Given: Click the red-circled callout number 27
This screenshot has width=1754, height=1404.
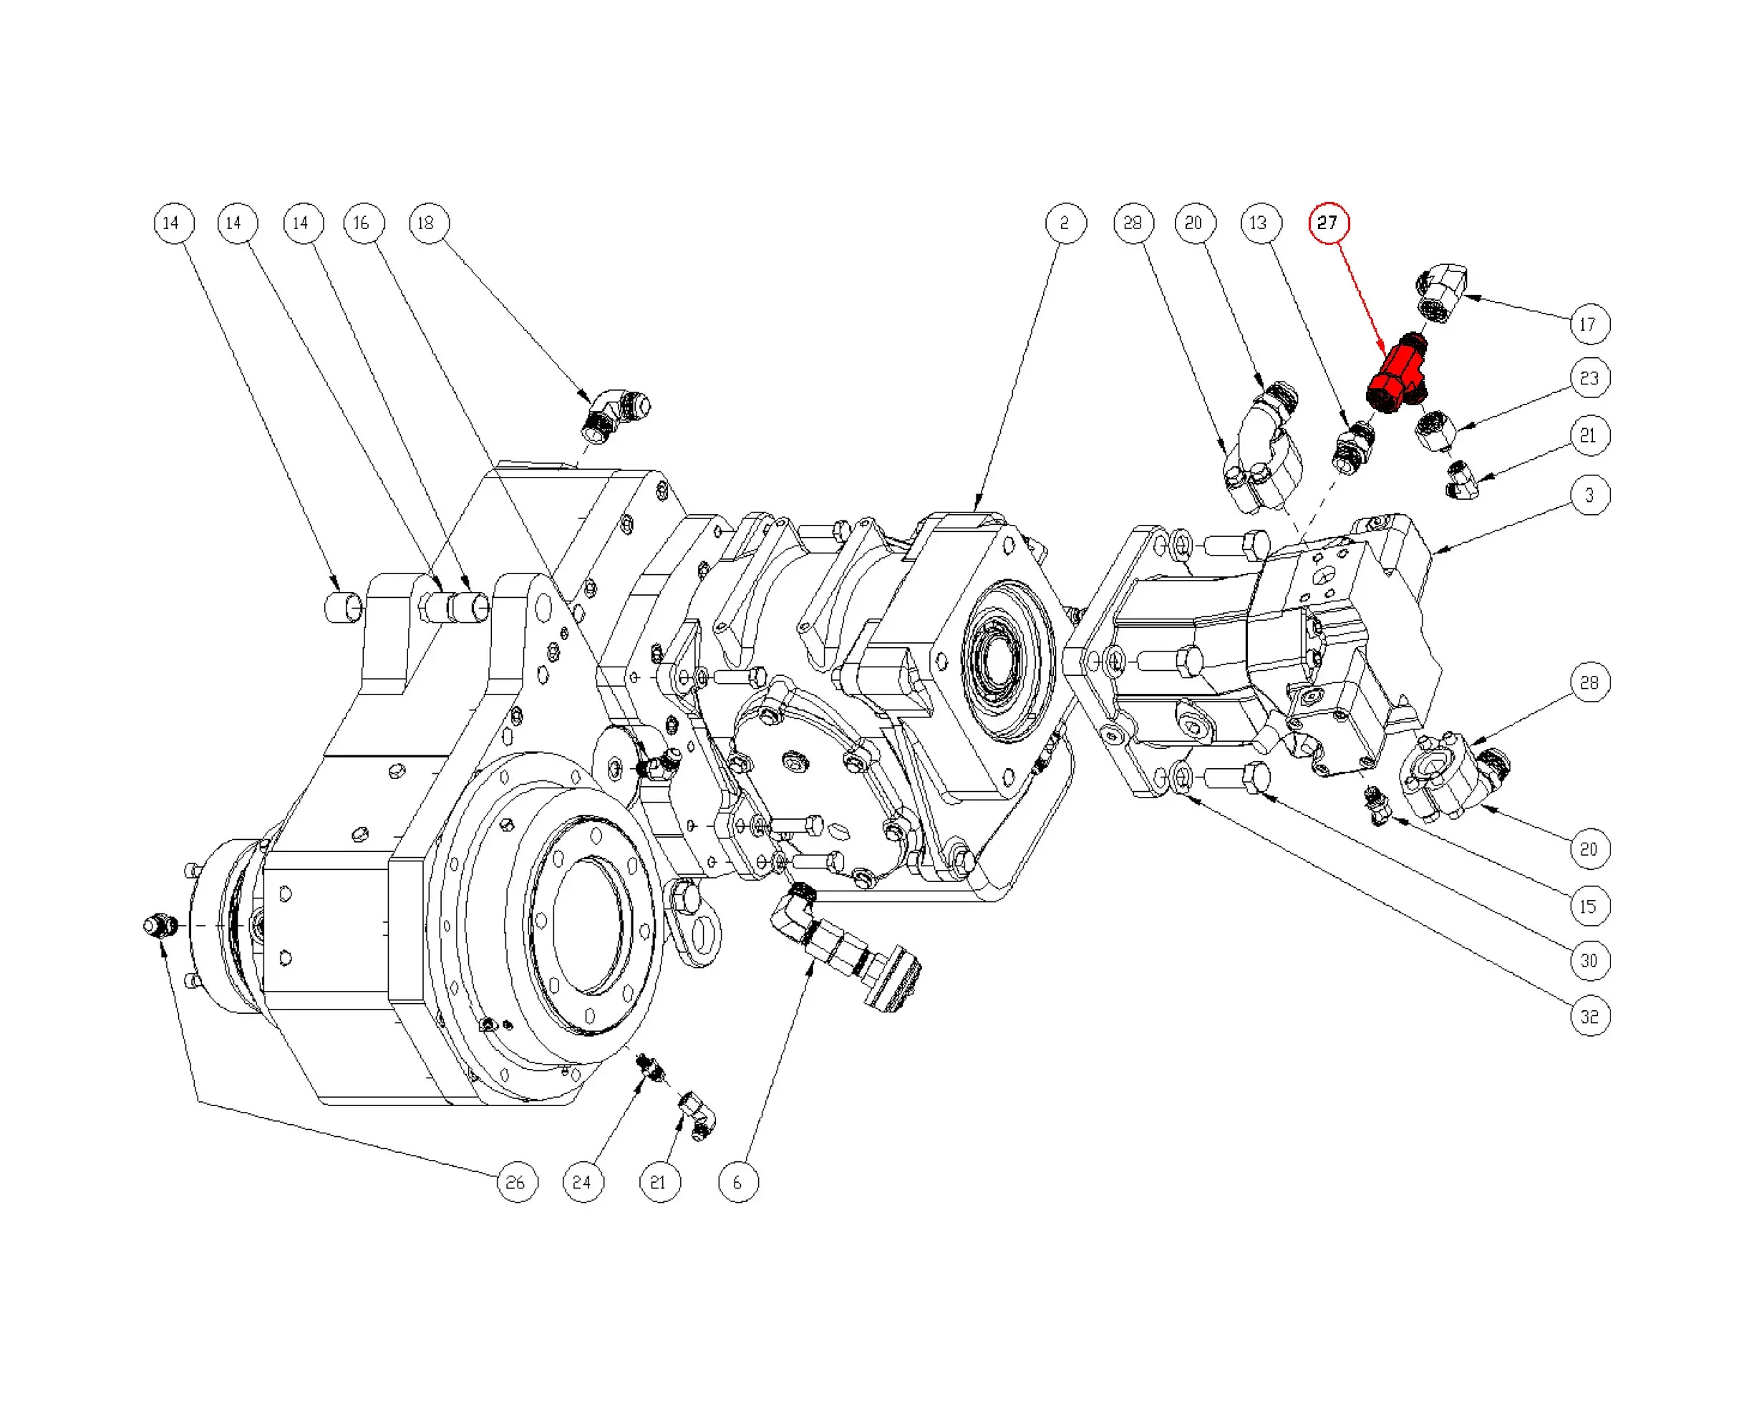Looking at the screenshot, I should click(x=1328, y=223).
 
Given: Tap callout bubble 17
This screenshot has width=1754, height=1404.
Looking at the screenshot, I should click(x=1589, y=324).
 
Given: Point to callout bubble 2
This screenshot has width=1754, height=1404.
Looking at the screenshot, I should click(x=1065, y=223).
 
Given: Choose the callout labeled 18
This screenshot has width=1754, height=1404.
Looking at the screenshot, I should click(x=428, y=223).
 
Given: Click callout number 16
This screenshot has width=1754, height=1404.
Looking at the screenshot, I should click(x=363, y=223).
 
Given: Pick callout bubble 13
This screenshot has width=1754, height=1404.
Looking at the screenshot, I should click(x=1260, y=223).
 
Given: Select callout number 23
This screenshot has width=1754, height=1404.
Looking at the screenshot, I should click(x=1589, y=378).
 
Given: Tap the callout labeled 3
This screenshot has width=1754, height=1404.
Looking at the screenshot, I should click(x=1589, y=495).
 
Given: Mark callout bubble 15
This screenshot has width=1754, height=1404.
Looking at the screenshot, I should click(x=1589, y=906).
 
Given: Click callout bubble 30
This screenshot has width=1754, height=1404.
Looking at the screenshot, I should click(x=1589, y=961).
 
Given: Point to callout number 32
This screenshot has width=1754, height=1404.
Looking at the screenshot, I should click(x=1589, y=1016).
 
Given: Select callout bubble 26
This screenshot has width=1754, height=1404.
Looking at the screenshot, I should click(x=517, y=1182).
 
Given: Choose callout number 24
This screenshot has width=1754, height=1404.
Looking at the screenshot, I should click(x=583, y=1182).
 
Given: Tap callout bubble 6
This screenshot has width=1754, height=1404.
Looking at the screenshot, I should click(x=738, y=1182).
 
